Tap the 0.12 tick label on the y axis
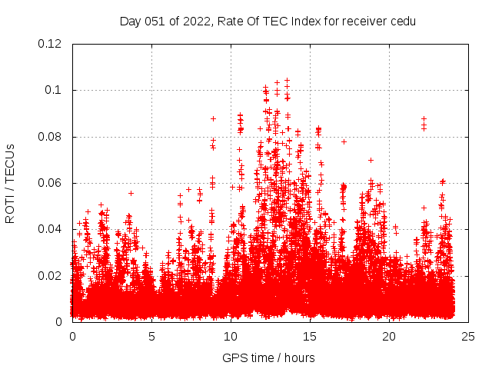click(x=51, y=44)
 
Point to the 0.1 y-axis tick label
click(x=54, y=90)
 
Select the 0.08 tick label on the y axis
click(x=51, y=137)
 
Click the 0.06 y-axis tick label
click(x=51, y=183)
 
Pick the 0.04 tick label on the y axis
click(x=51, y=229)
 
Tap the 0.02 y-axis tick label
click(x=51, y=275)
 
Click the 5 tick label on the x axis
click(x=151, y=336)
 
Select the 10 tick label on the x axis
click(x=231, y=336)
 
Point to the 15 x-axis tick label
click(x=310, y=336)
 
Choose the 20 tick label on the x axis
click(x=389, y=336)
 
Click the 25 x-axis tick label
click(x=468, y=336)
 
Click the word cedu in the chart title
click(x=403, y=22)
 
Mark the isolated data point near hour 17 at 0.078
click(x=344, y=141)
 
